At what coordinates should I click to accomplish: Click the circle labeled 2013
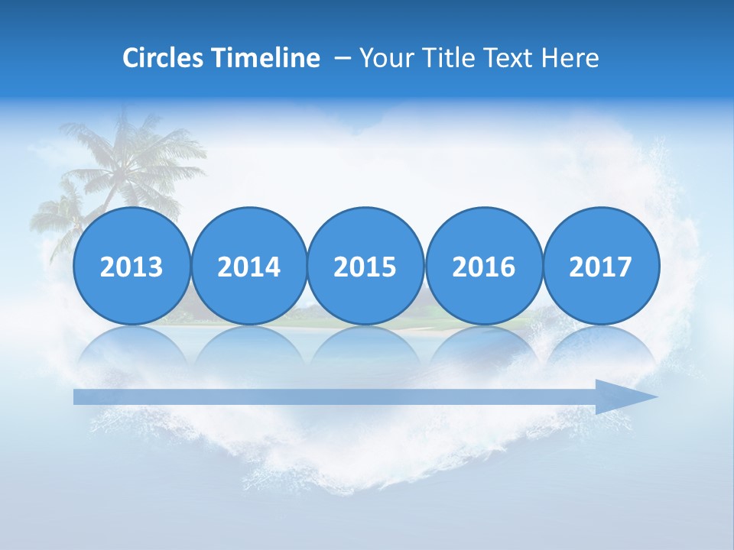point(132,266)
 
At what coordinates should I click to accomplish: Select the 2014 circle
point(248,266)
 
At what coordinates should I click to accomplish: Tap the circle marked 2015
point(365,266)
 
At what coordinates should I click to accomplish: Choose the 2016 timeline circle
point(483,266)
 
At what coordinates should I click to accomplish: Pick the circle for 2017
point(600,266)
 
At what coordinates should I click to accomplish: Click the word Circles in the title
point(163,58)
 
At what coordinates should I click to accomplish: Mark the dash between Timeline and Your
point(343,59)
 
